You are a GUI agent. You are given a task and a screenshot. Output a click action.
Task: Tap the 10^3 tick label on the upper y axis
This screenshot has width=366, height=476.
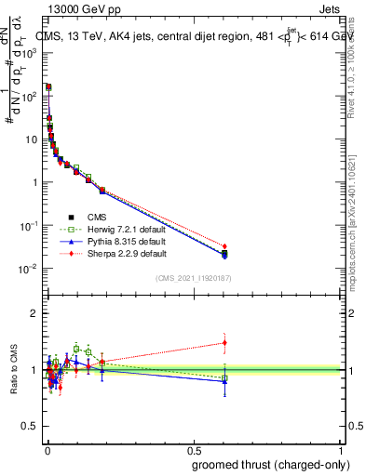30,53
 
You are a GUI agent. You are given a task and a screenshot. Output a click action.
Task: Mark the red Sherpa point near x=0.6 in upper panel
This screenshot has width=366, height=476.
224,246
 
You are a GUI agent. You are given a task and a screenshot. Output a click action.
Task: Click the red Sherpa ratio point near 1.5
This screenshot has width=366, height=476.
224,343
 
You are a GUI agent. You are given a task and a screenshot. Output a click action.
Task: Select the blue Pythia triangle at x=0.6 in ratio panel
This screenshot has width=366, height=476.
224,381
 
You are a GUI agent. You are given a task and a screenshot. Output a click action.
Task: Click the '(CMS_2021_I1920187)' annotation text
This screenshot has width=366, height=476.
192,278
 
